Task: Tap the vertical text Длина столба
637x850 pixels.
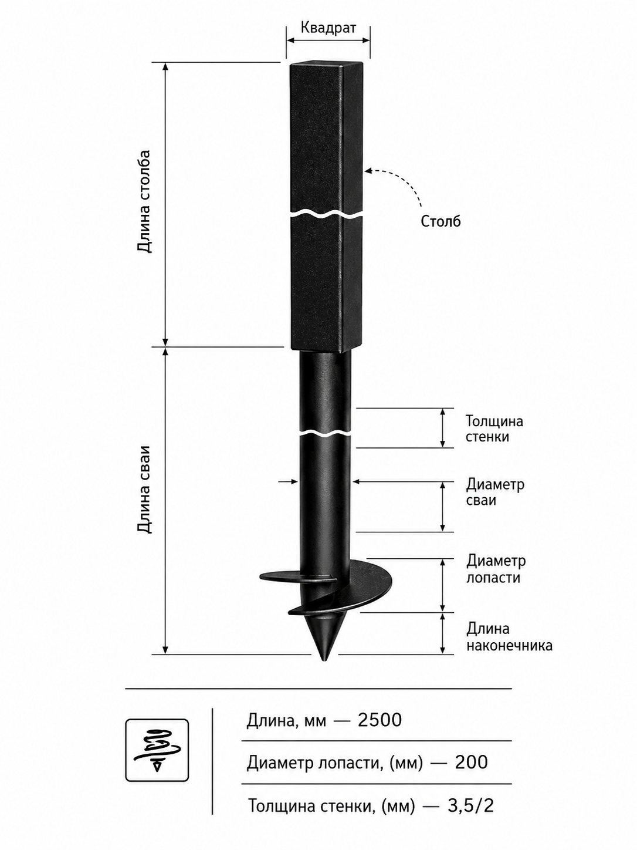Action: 144,201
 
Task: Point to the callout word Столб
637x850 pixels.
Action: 441,221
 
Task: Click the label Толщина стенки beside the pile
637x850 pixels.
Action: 494,429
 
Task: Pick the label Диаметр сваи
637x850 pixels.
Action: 496,492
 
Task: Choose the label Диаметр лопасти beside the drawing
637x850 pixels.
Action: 496,569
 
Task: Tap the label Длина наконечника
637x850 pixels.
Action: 509,637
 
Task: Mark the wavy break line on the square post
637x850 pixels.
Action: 327,214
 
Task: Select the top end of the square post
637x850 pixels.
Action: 327,65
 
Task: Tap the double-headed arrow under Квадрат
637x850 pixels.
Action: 328,41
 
